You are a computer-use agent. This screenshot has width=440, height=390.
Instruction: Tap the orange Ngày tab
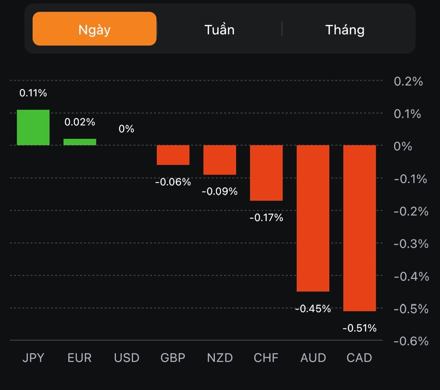[95, 29]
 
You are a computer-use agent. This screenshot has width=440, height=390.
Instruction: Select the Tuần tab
[219, 30]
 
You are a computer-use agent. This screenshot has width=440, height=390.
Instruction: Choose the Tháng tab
[345, 30]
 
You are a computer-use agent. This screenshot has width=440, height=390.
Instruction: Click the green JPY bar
[33, 127]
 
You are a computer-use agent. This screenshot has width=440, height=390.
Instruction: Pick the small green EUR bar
[80, 142]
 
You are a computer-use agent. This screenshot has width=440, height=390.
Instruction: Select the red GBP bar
[173, 155]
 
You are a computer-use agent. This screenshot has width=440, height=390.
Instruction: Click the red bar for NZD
[220, 160]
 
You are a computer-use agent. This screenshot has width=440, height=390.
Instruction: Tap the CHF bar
[266, 173]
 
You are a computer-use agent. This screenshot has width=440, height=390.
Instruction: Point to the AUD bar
[313, 218]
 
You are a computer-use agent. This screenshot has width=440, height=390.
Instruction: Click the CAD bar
[360, 228]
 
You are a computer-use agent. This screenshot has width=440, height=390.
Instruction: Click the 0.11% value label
[33, 93]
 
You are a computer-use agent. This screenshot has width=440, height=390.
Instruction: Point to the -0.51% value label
[360, 328]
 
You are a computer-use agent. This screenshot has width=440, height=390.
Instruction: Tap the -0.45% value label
[313, 309]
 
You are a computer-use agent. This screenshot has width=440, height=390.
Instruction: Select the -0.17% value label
[266, 218]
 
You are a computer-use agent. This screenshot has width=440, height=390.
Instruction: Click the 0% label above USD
[126, 129]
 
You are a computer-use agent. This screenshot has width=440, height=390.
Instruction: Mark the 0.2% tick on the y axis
[408, 81]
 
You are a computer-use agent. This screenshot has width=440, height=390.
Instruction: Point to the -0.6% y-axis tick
[411, 341]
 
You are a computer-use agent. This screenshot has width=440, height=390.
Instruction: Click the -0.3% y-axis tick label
[411, 244]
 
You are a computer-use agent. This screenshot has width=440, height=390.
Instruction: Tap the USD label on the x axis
[126, 358]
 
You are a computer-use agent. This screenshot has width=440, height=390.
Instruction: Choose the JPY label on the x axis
[33, 358]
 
